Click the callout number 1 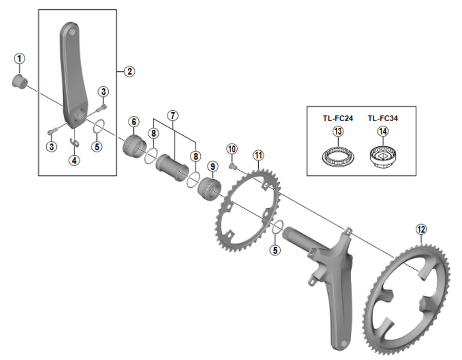tap(19, 58)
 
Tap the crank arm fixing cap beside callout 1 tap(19, 82)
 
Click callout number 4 tap(75, 160)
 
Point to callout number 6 tap(133, 122)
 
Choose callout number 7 tap(172, 114)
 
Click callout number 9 tap(212, 166)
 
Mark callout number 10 tap(232, 149)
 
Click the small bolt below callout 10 tap(232, 166)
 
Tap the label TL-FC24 tap(338, 118)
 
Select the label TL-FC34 tap(383, 118)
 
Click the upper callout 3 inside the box tap(104, 92)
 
